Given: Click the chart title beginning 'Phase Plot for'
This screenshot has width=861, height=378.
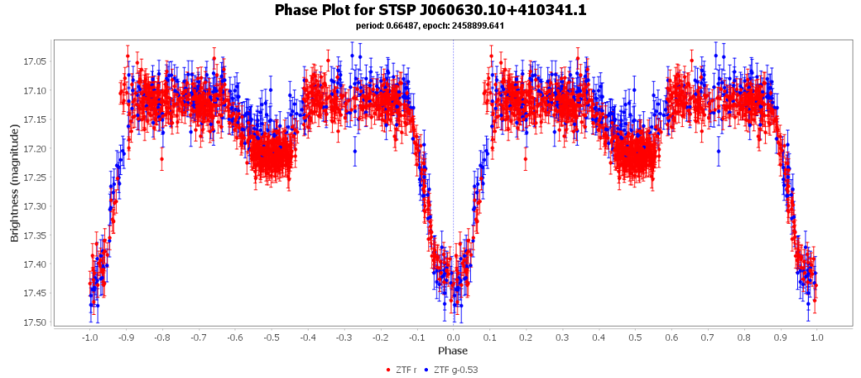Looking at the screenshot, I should [x=430, y=10].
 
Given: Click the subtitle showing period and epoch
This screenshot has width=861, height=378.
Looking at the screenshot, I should [x=430, y=26].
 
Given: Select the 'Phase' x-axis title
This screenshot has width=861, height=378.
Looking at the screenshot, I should [x=452, y=350].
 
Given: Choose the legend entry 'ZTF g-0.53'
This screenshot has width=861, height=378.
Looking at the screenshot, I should [x=455, y=370].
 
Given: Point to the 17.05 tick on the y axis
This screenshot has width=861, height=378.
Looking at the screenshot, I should [x=35, y=61].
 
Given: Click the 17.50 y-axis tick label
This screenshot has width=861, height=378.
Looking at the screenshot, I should [x=35, y=322].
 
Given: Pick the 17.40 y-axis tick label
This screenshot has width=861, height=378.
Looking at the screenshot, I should [x=35, y=264].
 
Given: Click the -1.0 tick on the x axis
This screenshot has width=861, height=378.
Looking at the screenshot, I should [x=89, y=338].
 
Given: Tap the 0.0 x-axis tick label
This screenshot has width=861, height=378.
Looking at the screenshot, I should [x=453, y=338].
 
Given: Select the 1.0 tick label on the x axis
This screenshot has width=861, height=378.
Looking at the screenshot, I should [x=816, y=338].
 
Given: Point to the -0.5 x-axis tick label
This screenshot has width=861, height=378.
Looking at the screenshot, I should [x=271, y=338].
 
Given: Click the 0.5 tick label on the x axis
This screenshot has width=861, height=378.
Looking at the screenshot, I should [x=635, y=338].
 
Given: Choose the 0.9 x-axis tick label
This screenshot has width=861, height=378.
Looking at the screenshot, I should [x=780, y=338].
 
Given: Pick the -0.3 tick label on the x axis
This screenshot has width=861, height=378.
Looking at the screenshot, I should [x=344, y=338].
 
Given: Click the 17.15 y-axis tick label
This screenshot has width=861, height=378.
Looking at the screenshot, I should [x=35, y=120].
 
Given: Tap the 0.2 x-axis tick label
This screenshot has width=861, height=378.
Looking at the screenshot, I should [x=526, y=338].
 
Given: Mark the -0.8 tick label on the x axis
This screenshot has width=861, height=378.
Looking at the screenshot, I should [x=162, y=338].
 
